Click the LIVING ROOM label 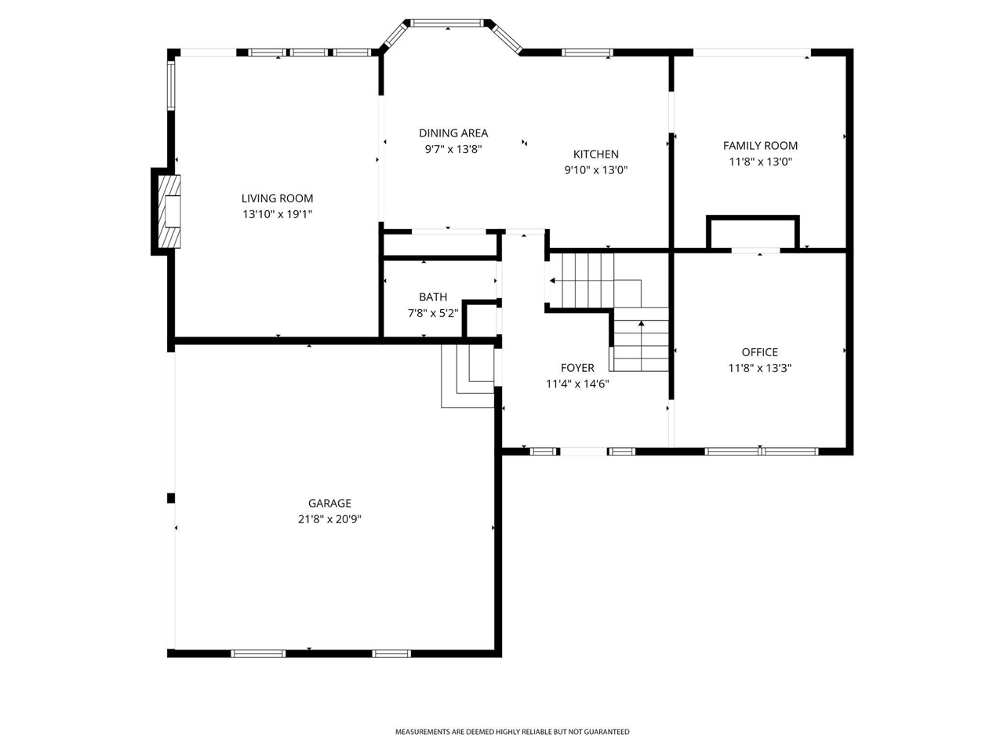[x=277, y=198]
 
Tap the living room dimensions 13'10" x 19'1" [x=277, y=214]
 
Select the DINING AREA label [x=453, y=133]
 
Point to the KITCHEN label [x=595, y=154]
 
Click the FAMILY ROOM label [x=760, y=146]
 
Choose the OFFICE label [x=760, y=352]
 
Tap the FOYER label [x=577, y=368]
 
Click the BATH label [x=433, y=297]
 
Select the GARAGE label [x=329, y=504]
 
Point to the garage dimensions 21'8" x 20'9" [x=329, y=519]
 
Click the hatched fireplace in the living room [x=169, y=211]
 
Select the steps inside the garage [x=467, y=376]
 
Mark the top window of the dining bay [x=447, y=23]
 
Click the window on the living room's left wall [x=171, y=86]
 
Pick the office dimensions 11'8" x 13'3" [x=760, y=368]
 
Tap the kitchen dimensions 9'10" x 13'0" [x=595, y=170]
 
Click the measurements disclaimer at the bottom [x=512, y=732]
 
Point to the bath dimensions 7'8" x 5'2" [x=433, y=313]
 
